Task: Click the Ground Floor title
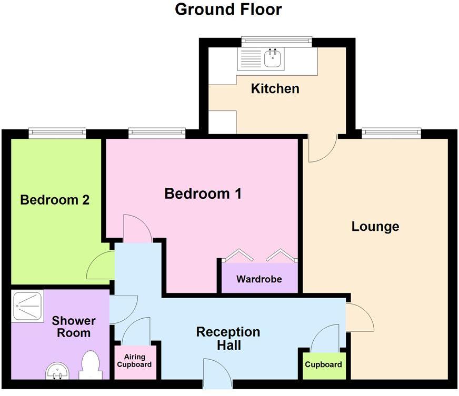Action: pos(228,9)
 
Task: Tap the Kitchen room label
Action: pos(275,88)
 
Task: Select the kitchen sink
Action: pos(273,59)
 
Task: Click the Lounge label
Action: pos(375,227)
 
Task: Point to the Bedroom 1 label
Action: pos(203,194)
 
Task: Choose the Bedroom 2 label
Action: pos(55,200)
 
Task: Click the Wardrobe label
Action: pos(258,279)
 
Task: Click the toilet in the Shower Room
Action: pos(91,364)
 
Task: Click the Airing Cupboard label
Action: pos(134,361)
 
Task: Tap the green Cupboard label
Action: pos(323,364)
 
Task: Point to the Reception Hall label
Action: pos(228,338)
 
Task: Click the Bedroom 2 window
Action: pos(57,132)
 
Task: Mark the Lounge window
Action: pos(391,132)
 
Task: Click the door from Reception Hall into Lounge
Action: pos(359,318)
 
